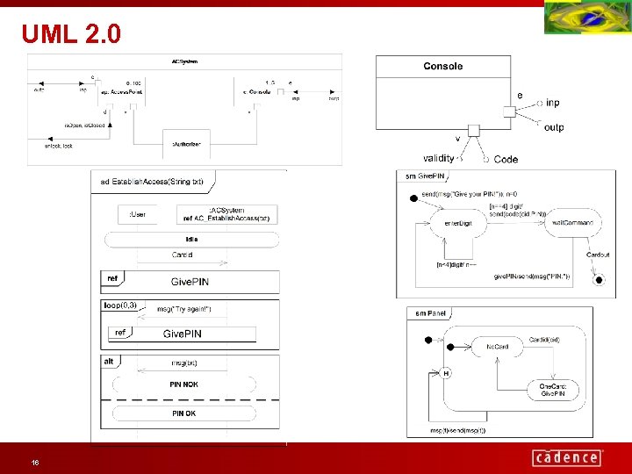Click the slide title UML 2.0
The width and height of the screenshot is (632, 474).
click(x=71, y=34)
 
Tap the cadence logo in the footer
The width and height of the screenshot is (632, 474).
click(x=567, y=457)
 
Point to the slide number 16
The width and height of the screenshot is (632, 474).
click(x=34, y=462)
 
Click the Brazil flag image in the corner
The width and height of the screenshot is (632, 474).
click(x=587, y=18)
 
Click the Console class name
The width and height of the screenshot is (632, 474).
click(x=442, y=66)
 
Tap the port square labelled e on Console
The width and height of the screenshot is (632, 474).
click(x=508, y=111)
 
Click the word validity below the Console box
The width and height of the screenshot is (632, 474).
click(x=439, y=159)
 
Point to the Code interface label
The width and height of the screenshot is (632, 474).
click(x=506, y=160)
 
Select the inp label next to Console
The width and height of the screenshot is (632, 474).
click(x=552, y=103)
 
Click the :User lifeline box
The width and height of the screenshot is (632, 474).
click(x=138, y=214)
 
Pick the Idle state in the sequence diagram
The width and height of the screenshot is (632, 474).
click(x=191, y=239)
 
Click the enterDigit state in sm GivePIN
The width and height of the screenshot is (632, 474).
click(x=457, y=223)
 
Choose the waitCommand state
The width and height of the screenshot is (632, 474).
click(x=572, y=223)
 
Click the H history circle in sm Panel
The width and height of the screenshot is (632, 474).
click(x=446, y=373)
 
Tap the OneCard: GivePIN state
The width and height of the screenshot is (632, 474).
click(x=553, y=391)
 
